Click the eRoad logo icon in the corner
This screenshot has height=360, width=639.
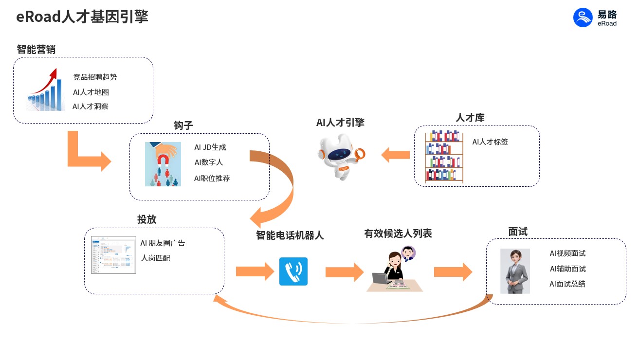click(x=583, y=18)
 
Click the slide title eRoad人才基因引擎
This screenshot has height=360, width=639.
click(x=82, y=17)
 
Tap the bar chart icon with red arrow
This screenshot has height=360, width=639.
click(x=46, y=90)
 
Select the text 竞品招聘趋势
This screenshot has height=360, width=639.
click(x=95, y=77)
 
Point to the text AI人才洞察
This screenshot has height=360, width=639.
click(x=91, y=106)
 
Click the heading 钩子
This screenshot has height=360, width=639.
click(x=183, y=126)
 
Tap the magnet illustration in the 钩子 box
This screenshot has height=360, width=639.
click(x=163, y=164)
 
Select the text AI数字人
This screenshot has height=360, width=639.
click(x=208, y=162)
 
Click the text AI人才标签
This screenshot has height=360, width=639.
click(x=490, y=142)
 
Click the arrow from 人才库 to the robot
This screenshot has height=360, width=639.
click(x=395, y=155)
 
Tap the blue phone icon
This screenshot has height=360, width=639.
click(x=293, y=271)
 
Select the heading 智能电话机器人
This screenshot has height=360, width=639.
click(x=290, y=235)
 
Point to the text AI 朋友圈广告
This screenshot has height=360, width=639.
click(x=163, y=243)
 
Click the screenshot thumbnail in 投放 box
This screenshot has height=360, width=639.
click(x=113, y=255)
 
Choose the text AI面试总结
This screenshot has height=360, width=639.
click(x=567, y=284)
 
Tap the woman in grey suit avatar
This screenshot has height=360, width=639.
click(x=515, y=271)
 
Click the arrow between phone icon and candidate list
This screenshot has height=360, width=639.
click(x=345, y=271)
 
